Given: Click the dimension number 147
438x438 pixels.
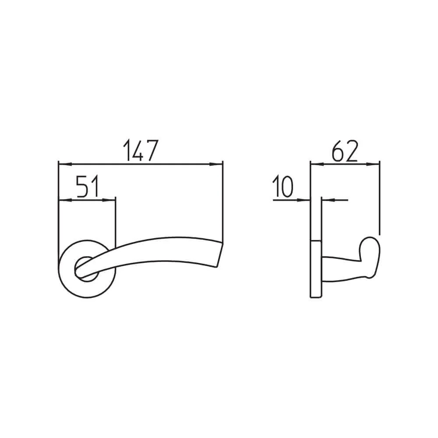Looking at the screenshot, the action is point(141,150).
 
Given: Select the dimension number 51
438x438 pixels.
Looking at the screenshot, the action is point(88,187).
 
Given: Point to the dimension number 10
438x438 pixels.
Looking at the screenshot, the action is point(283,186).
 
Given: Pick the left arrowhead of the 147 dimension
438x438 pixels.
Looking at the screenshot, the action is point(65,164).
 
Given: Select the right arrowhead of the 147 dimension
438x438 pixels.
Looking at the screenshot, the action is point(216,164).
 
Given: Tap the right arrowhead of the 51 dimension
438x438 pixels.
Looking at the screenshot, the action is point(109,200).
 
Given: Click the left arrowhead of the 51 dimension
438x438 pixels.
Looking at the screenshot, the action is point(65,200).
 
